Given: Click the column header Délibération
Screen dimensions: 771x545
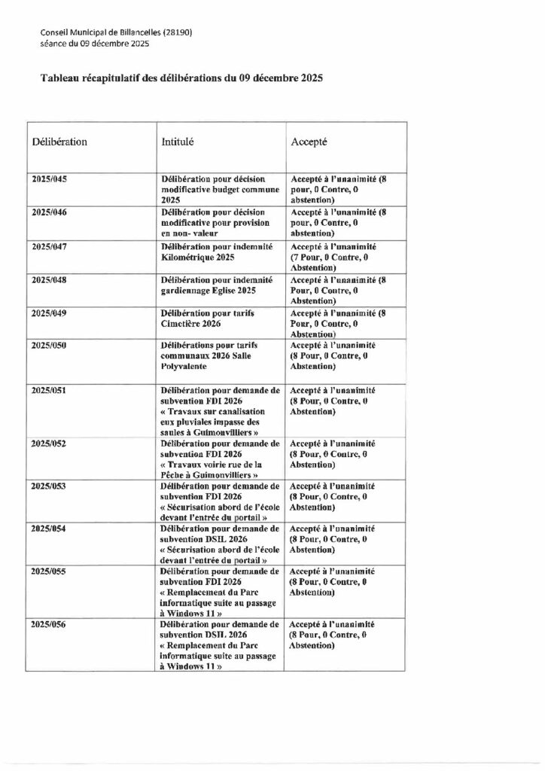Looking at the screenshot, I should (x=59, y=142).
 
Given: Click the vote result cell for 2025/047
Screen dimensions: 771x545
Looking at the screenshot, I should (x=333, y=257).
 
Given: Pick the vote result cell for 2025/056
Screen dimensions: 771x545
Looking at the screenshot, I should (x=333, y=635).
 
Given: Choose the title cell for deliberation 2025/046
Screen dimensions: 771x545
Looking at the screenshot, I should (x=216, y=223).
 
